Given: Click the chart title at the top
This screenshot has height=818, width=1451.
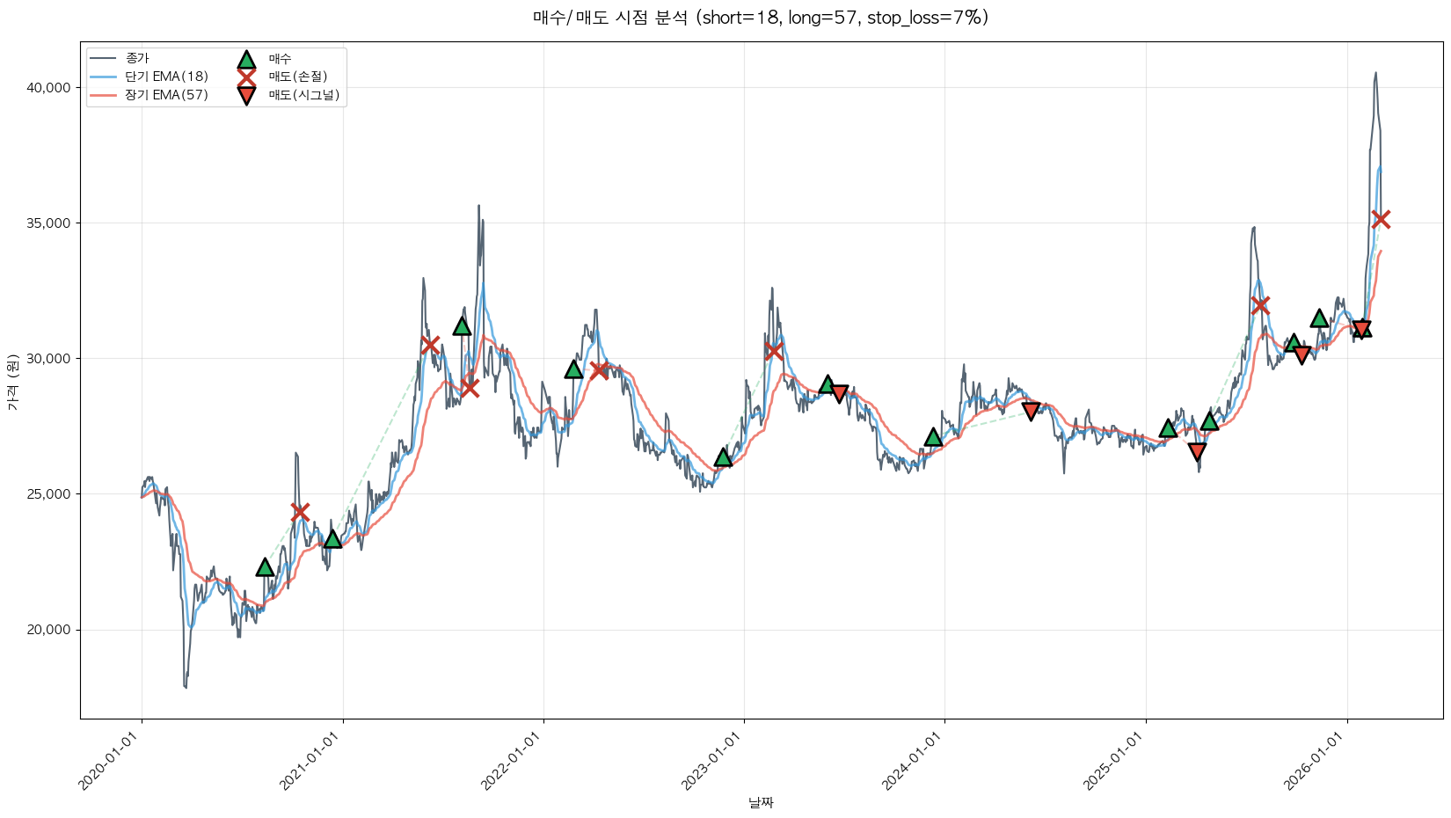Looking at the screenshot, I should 760,18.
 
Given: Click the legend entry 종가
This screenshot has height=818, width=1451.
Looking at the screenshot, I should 137,59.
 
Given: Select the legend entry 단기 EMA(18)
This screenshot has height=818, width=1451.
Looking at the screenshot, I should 166,77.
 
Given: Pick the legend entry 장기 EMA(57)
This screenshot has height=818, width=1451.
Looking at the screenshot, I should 166,95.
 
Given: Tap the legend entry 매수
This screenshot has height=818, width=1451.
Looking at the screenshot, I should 280,59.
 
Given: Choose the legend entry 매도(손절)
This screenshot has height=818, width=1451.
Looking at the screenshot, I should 297,77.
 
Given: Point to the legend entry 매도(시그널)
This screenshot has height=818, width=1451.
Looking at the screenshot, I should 303,95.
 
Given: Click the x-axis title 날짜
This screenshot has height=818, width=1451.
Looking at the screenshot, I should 761,802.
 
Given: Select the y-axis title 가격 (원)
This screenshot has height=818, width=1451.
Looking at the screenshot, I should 12,382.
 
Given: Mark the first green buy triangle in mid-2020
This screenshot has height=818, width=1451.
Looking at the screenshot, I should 265,567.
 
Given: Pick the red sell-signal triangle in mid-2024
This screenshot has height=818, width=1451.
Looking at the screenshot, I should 1031,411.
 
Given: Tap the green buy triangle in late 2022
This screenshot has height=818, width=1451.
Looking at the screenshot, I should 723,457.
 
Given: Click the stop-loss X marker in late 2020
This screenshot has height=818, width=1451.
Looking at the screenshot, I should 300,512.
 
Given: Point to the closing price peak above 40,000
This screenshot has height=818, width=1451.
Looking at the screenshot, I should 1375,74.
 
